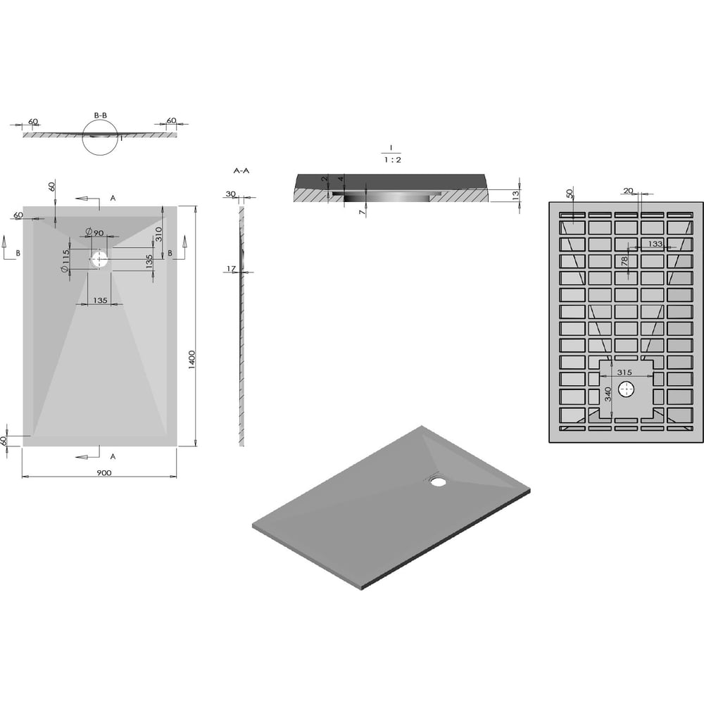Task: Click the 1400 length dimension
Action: tap(192, 360)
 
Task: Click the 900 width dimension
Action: tap(103, 473)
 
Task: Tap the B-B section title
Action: tap(101, 115)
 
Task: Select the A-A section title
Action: tap(241, 170)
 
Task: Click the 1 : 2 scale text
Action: tap(392, 160)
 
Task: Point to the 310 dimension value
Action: tap(158, 234)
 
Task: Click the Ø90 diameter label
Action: tap(95, 232)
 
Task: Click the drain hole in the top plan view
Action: tap(99, 260)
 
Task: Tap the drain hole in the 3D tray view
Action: tap(437, 482)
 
